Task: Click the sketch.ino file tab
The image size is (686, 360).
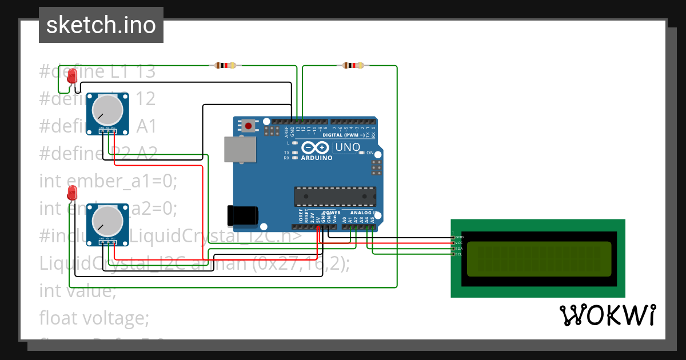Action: [101, 25]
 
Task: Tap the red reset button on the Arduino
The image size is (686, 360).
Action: [248, 125]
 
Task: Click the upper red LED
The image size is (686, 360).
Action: [72, 76]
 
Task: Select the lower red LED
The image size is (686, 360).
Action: [72, 193]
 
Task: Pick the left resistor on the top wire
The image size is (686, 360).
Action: [225, 66]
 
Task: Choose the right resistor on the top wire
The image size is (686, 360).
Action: [353, 66]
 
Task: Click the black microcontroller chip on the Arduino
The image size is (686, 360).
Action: [335, 196]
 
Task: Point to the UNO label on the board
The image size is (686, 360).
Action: [347, 147]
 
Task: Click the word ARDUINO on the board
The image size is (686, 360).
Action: [316, 158]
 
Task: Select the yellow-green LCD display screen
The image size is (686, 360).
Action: [539, 258]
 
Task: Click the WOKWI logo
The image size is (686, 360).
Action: [607, 315]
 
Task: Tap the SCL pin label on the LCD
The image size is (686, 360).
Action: [458, 254]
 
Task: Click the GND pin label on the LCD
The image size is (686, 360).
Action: [458, 237]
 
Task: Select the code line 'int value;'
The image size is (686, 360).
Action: [78, 290]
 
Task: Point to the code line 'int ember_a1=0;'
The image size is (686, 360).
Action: [109, 181]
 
